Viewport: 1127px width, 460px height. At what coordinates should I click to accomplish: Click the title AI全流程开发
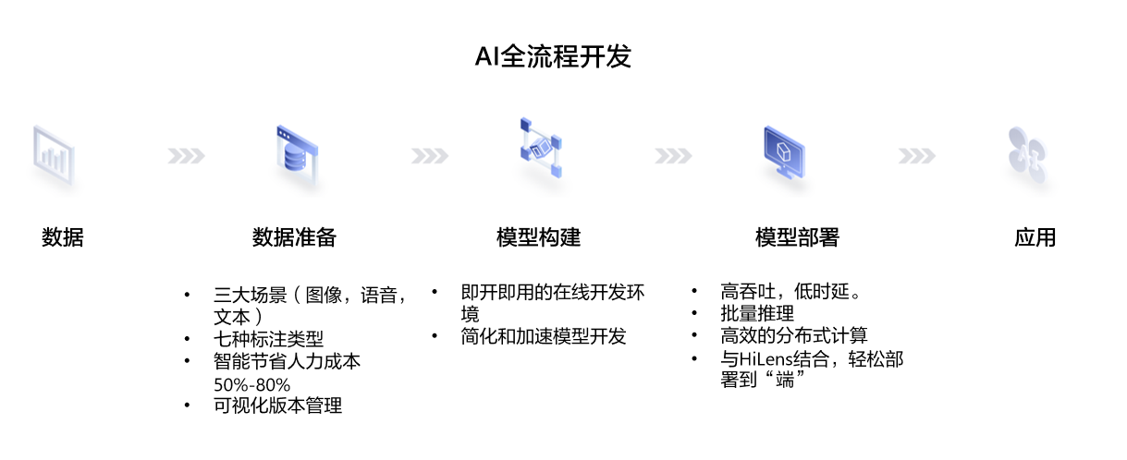tap(553, 55)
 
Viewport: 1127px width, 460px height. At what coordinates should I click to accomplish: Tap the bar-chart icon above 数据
tap(54, 155)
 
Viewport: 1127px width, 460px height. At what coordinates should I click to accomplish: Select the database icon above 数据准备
tap(298, 155)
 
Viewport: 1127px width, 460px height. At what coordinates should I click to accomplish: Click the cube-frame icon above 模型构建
tap(541, 148)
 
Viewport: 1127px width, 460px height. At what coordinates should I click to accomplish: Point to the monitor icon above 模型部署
tap(784, 152)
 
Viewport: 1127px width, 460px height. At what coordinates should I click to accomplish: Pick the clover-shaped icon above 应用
tap(1027, 155)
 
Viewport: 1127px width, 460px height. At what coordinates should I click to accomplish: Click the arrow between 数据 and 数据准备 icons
tap(186, 156)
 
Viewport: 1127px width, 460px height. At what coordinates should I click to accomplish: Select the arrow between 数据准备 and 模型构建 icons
tap(430, 156)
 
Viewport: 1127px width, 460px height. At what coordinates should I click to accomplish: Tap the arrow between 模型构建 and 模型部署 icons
tap(673, 156)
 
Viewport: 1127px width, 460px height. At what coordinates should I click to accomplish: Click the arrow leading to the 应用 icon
tap(917, 156)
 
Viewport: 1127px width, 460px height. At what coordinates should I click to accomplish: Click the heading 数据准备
tap(294, 237)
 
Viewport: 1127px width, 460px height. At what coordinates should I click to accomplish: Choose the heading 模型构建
tap(538, 237)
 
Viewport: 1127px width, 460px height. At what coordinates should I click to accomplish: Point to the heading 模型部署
tap(798, 237)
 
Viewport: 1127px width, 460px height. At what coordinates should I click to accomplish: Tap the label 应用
tap(1035, 237)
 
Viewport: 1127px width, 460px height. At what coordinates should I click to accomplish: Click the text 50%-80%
tap(252, 385)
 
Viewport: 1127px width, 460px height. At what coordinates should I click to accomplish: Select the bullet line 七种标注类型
tap(269, 339)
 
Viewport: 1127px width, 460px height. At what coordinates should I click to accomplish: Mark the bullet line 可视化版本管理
tap(277, 406)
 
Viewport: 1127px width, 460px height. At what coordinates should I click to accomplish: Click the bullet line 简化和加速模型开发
tap(544, 336)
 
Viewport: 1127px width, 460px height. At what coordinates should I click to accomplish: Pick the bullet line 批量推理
tap(757, 314)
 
